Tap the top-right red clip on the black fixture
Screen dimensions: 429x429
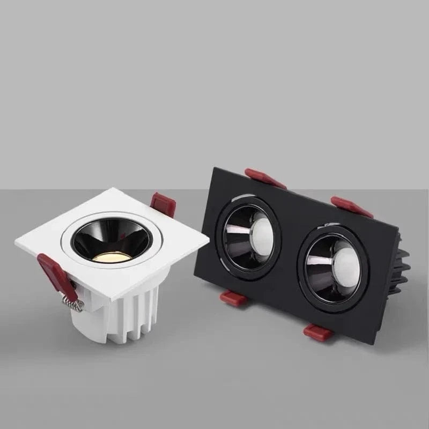(351, 206)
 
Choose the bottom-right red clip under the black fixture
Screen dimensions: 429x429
(317, 332)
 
